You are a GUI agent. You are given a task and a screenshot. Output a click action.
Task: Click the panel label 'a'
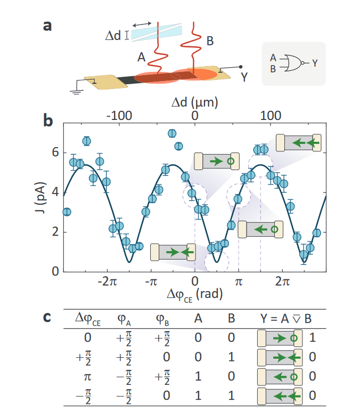click(47, 25)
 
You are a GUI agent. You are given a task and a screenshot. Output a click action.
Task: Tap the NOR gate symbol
click(292, 63)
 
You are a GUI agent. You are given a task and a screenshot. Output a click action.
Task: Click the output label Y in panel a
click(244, 77)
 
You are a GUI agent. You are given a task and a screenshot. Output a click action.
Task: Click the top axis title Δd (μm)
click(195, 101)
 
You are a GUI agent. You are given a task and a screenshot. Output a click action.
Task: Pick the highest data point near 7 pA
click(172, 133)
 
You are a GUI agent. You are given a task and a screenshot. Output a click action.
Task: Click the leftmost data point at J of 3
click(67, 212)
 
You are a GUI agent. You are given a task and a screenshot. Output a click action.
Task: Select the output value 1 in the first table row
click(313, 337)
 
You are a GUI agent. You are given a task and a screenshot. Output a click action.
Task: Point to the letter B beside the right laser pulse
click(210, 39)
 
